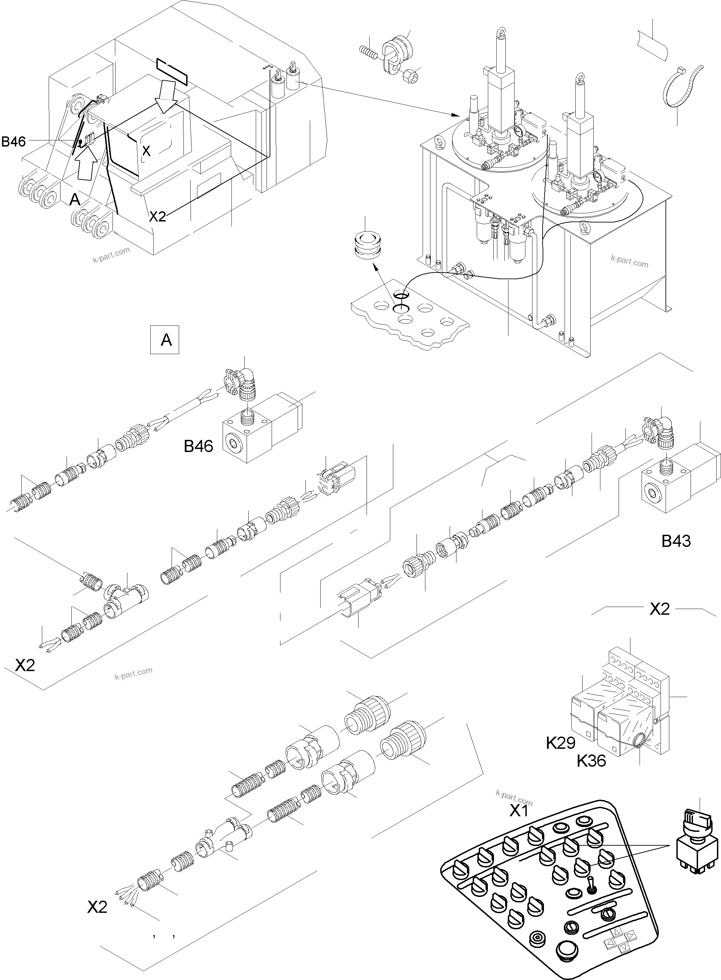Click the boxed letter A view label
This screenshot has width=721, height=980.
[165, 339]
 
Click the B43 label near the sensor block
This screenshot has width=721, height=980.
[676, 541]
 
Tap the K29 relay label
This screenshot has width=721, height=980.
[561, 742]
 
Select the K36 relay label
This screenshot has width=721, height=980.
[591, 761]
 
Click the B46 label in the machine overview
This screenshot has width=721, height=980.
[14, 141]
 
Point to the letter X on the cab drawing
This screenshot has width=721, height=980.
[147, 151]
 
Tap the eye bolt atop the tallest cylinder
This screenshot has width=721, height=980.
[500, 34]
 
